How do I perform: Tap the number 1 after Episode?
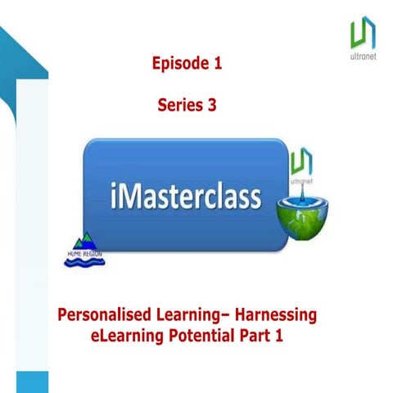(x=217, y=62)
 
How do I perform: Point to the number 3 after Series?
(x=212, y=104)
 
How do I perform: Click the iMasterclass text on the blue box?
(x=185, y=197)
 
